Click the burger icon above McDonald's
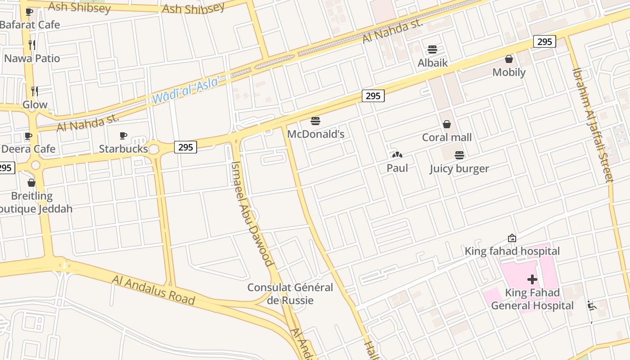tap(315, 121)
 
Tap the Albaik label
tap(432, 63)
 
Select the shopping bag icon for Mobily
tap(509, 59)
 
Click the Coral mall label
tap(446, 137)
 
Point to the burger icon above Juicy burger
tap(459, 155)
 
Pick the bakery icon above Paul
tap(397, 155)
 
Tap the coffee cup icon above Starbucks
tap(123, 135)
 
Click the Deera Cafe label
tap(29, 149)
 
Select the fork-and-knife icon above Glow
tap(34, 91)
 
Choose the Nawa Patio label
tap(32, 58)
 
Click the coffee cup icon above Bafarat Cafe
tap(29, 12)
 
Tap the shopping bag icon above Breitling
tap(31, 183)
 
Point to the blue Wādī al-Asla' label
tap(186, 90)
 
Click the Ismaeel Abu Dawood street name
tap(252, 213)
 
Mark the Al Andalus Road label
tap(153, 290)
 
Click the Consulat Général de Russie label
tap(290, 293)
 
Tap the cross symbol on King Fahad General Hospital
tap(532, 279)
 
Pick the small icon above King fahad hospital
tap(512, 238)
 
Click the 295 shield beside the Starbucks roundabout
tap(185, 147)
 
